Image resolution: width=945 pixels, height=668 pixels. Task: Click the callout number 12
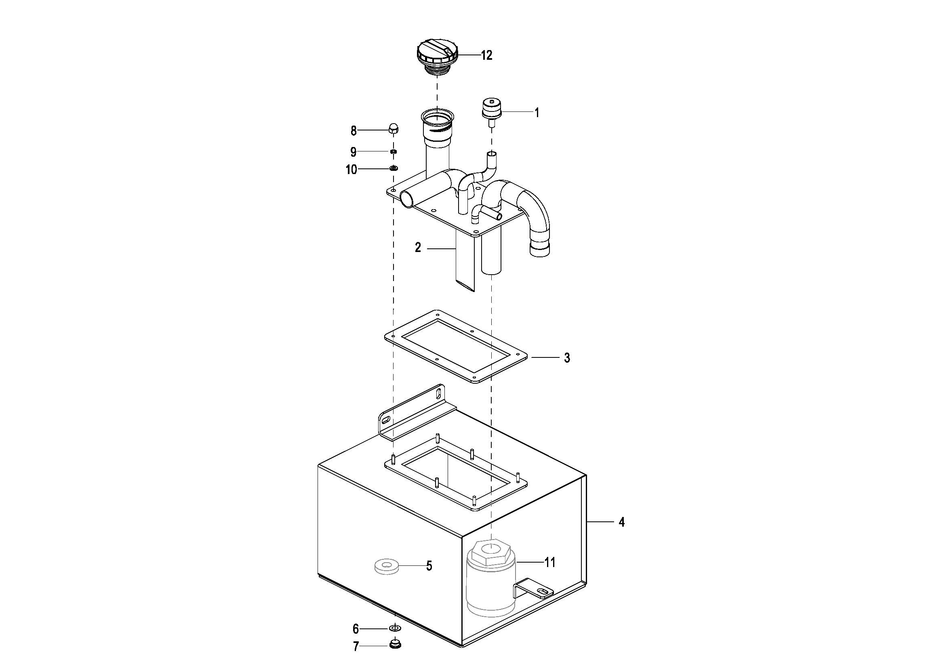[486, 55]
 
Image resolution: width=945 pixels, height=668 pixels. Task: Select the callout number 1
[537, 113]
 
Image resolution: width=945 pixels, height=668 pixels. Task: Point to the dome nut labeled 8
[393, 128]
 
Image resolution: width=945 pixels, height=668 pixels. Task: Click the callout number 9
[353, 152]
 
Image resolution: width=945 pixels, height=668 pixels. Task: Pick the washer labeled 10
[394, 168]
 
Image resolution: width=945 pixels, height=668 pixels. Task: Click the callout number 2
[418, 248]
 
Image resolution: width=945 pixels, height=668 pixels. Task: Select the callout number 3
[567, 358]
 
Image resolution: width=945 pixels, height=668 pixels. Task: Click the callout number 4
[621, 522]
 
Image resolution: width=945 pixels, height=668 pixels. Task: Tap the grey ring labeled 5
[386, 565]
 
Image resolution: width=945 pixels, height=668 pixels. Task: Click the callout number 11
[550, 562]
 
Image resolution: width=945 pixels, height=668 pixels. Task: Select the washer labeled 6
[395, 628]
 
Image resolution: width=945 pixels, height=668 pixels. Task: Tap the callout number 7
[356, 647]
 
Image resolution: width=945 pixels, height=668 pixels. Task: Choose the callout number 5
[429, 566]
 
